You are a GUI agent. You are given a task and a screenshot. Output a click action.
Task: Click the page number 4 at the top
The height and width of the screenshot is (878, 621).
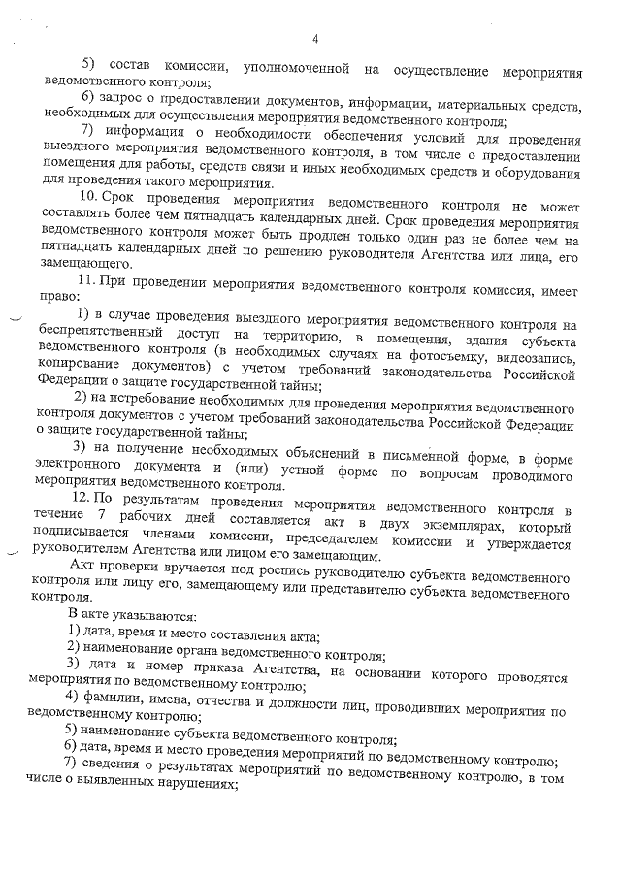tap(315, 38)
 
